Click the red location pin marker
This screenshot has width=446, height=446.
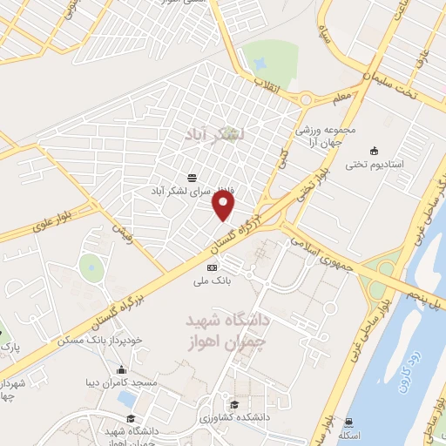tap(225, 206)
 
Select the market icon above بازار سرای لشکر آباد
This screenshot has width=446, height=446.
tap(192, 176)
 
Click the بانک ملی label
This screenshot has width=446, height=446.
tap(213, 282)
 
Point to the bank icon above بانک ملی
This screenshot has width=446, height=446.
tap(213, 267)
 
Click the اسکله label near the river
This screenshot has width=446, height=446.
tap(350, 436)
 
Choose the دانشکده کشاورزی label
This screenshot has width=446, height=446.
tap(234, 417)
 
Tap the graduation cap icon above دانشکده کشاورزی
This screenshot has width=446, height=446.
tap(234, 403)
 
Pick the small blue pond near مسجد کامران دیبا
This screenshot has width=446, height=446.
tap(127, 399)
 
